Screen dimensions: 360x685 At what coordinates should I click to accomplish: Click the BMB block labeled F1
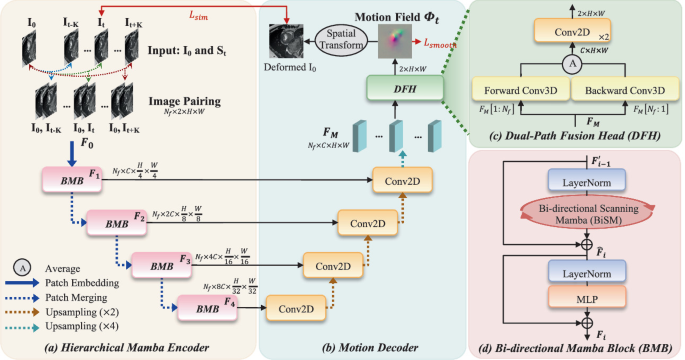click(x=67, y=181)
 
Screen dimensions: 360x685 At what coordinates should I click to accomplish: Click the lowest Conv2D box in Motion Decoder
click(x=296, y=308)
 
